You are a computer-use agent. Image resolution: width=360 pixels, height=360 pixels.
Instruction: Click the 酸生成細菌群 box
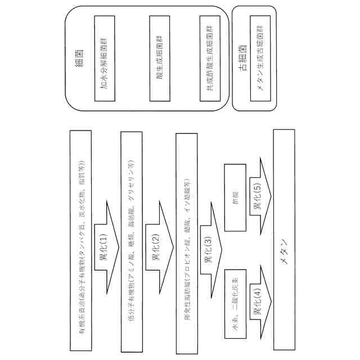point(159,57)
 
